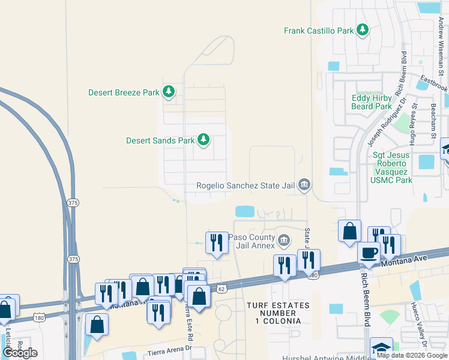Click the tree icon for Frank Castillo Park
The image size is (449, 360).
coord(362,29)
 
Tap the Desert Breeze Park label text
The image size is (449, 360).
coord(124,92)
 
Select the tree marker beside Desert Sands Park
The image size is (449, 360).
coord(203,140)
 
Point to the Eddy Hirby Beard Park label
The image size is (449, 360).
coord(372,102)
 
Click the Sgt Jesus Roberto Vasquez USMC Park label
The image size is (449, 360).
coord(391,167)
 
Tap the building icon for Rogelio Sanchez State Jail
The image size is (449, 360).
coord(304,185)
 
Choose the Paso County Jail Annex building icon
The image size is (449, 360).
coord(284,241)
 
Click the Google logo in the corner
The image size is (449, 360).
coord(20,353)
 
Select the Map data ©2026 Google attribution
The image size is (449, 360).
coord(412,355)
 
